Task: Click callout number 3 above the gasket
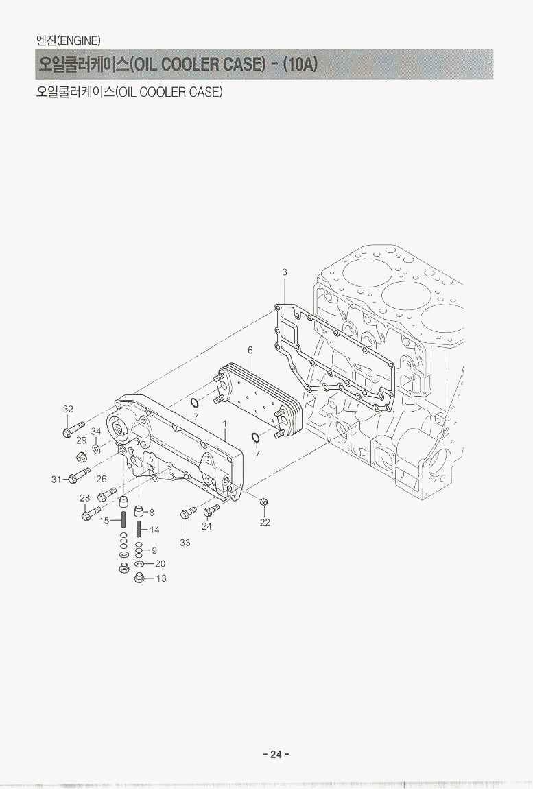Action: (285, 272)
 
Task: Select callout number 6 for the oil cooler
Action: (250, 350)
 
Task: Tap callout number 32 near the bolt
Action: (68, 409)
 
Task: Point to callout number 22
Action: (265, 522)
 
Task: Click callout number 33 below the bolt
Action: (185, 543)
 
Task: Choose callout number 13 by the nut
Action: (161, 578)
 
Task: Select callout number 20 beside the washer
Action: (160, 563)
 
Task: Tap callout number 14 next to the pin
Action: (154, 530)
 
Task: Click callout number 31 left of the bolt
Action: (56, 479)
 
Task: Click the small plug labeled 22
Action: (263, 504)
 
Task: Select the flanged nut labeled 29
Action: (81, 457)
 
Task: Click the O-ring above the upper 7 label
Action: (194, 402)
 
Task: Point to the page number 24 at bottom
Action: (276, 754)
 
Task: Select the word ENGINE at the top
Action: (80, 40)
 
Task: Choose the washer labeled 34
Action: (96, 448)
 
